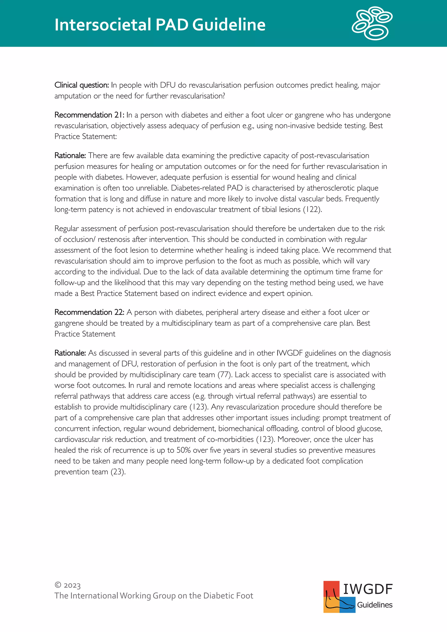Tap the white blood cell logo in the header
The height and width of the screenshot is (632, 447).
372,24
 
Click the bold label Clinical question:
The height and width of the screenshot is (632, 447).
81,85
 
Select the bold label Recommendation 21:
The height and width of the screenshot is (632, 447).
89,115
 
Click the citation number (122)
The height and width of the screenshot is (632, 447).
312,210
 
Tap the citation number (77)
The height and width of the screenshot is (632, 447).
225,375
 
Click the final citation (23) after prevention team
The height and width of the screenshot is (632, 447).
118,472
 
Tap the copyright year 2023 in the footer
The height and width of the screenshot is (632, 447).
72,585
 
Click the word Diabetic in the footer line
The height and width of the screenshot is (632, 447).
219,596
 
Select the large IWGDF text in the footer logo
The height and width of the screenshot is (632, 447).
368,589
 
